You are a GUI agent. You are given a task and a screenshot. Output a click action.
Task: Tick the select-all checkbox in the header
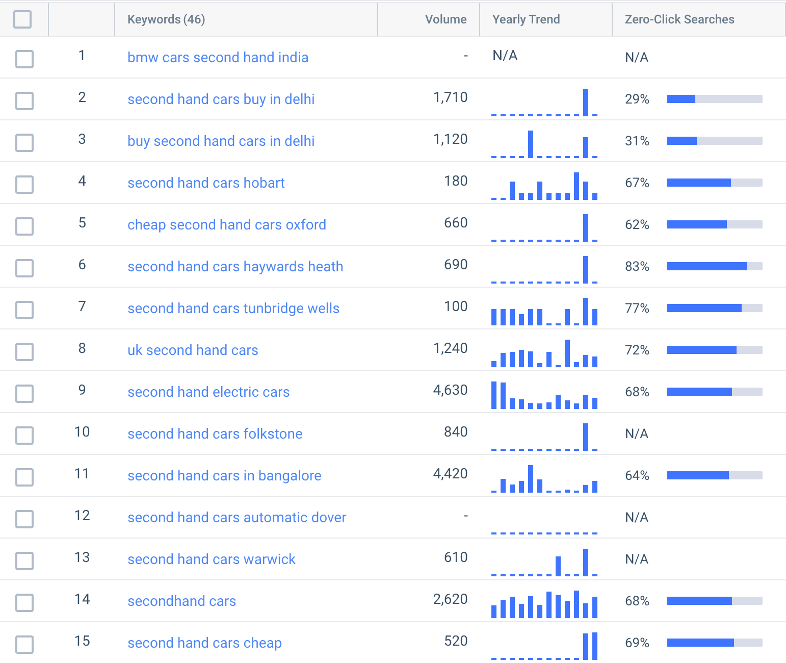tap(22, 19)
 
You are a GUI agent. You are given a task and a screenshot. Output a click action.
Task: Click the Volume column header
tap(446, 19)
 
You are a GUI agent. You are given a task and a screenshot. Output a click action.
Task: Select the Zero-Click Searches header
tap(679, 19)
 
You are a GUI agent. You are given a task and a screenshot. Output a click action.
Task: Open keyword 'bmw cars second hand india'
tap(218, 57)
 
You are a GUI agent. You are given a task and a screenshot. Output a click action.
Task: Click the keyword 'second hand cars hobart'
tap(206, 183)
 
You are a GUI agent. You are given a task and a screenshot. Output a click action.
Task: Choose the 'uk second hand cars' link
tap(193, 350)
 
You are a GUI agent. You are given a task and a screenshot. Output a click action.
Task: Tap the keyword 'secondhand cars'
tap(181, 601)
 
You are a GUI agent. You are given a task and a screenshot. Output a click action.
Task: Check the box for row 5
tap(24, 225)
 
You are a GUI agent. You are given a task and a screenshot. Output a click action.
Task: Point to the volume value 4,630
tap(450, 390)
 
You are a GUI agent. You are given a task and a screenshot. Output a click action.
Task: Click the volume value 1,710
tap(450, 97)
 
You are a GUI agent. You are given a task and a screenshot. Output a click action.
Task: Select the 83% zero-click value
tap(637, 266)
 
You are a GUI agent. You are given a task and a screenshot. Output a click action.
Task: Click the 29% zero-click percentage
tap(637, 99)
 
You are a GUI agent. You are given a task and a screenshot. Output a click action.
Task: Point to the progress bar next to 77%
tap(714, 308)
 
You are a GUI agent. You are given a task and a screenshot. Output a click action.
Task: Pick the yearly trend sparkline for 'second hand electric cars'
tap(544, 395)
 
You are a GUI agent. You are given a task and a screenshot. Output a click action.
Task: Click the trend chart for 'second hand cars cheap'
tap(544, 646)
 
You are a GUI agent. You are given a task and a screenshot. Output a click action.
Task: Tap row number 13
tap(82, 557)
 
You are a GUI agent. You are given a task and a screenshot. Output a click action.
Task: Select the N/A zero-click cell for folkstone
tap(637, 433)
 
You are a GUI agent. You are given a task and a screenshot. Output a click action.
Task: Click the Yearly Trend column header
tap(526, 19)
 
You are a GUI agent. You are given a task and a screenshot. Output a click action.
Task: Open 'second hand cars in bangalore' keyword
tap(224, 475)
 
